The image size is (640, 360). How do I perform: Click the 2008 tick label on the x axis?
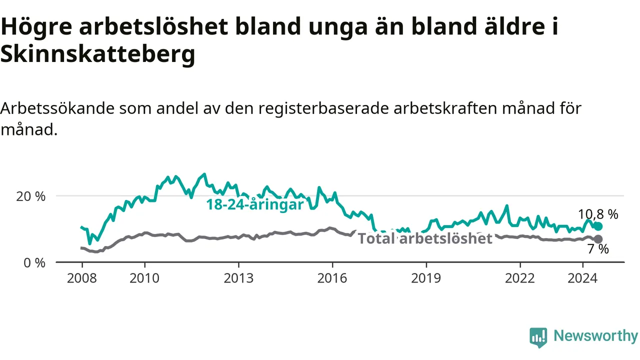[81, 278]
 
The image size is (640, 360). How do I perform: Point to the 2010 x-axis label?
[144, 278]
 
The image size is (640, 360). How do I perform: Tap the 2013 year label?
[238, 278]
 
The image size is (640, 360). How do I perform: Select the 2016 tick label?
[332, 278]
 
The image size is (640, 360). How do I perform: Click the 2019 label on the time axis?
[426, 278]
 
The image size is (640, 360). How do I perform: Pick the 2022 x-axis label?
[519, 278]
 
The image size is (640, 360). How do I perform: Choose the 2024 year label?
[582, 278]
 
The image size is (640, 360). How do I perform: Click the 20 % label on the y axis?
[30, 196]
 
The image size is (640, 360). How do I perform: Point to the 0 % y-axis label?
[34, 263]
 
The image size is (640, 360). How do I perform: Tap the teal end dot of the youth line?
[598, 226]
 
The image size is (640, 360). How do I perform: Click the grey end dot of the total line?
[598, 239]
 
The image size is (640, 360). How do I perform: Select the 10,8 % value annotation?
[598, 214]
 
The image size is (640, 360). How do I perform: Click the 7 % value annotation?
[598, 249]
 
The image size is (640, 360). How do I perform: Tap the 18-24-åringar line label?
[255, 205]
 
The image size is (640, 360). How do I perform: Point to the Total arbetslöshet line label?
[425, 238]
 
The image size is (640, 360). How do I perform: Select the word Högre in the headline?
[36, 26]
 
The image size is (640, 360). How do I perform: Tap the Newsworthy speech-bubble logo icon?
[538, 337]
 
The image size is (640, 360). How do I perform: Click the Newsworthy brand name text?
[595, 335]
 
